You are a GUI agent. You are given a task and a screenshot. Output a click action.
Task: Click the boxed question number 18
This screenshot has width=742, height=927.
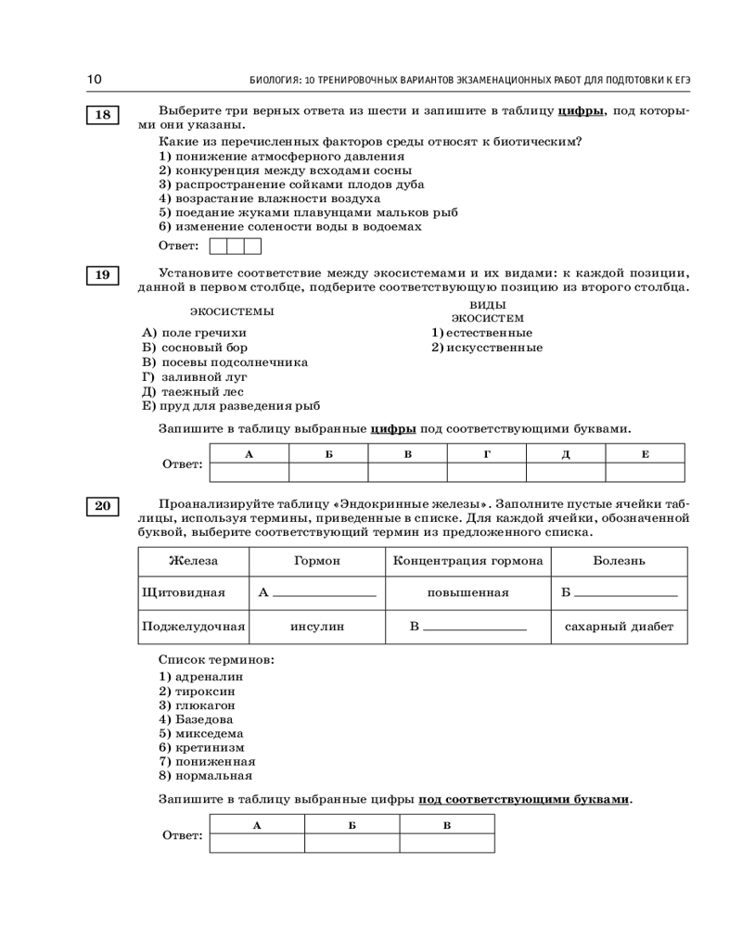[102, 115]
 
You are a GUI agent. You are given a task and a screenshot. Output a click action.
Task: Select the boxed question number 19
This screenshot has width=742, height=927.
[102, 275]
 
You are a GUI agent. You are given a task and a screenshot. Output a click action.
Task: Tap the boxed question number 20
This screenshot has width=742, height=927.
[102, 505]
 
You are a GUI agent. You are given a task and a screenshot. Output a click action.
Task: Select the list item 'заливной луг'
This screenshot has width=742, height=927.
[198, 376]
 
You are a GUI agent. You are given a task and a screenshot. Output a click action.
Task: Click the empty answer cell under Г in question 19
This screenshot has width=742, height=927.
[487, 472]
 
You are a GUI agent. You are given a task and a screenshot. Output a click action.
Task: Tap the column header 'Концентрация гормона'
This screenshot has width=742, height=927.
[468, 561]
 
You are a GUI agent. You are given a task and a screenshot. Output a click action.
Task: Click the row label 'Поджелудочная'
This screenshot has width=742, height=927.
[193, 627]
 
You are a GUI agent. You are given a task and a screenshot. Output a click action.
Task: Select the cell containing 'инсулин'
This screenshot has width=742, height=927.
[317, 627]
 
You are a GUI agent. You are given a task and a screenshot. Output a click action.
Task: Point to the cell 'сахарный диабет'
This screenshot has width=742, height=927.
[619, 627]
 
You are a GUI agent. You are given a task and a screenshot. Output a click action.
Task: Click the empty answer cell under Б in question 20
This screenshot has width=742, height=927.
[352, 843]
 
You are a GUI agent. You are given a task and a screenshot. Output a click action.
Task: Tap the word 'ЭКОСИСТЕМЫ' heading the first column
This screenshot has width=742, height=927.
[232, 311]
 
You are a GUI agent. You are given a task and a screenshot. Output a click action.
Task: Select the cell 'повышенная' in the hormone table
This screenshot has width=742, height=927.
[468, 592]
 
